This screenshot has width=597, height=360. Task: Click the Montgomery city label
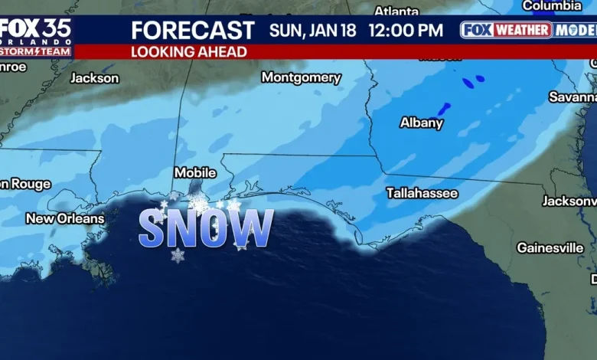coord(301,77)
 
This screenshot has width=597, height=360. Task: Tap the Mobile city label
coord(195,173)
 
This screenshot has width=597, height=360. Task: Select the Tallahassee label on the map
coord(422,193)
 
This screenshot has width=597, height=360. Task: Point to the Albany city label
coord(421,123)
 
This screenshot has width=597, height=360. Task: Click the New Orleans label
coord(65,219)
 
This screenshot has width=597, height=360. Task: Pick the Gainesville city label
coord(550,248)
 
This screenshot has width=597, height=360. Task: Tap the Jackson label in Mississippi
coord(95,78)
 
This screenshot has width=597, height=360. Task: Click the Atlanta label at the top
coord(396,11)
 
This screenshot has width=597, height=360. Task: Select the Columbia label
coord(551,6)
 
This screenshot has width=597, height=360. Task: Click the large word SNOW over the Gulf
coord(206,228)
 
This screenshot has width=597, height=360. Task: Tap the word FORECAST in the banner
coord(193,31)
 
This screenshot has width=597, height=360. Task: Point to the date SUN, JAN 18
coord(314,31)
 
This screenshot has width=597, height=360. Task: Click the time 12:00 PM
coord(406,31)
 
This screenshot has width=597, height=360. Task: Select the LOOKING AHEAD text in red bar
coord(189,52)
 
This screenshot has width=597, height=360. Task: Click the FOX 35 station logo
coord(36,31)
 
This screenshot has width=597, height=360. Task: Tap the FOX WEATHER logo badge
coord(507,31)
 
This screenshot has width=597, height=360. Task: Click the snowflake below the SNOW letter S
coord(178,255)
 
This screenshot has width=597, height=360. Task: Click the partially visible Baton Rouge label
coord(25,184)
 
